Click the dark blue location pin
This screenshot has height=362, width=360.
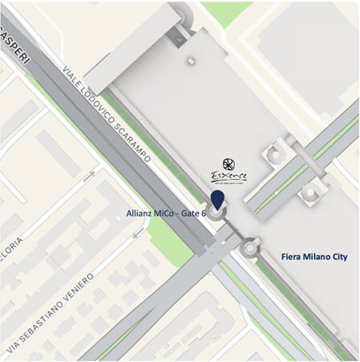pos(217,201)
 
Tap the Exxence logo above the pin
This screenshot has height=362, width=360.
pos(229,171)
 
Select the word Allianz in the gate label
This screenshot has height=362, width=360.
pos(141,214)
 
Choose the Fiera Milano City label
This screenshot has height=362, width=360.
pos(319,256)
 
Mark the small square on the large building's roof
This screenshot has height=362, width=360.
pos(190,59)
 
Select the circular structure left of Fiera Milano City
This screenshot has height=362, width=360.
pos(251,247)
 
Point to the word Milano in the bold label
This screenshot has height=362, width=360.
pos(319,256)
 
